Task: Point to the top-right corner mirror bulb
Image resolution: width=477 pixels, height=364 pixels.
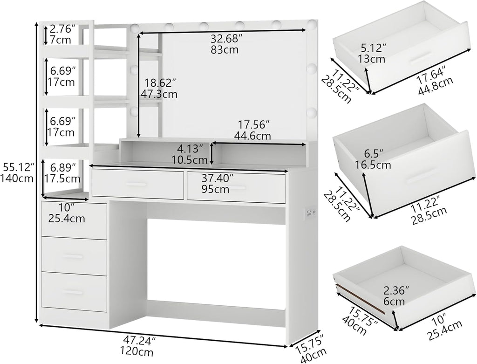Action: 312,24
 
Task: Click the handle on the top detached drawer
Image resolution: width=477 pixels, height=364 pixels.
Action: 421,57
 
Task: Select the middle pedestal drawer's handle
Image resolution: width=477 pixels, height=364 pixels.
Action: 73,256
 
